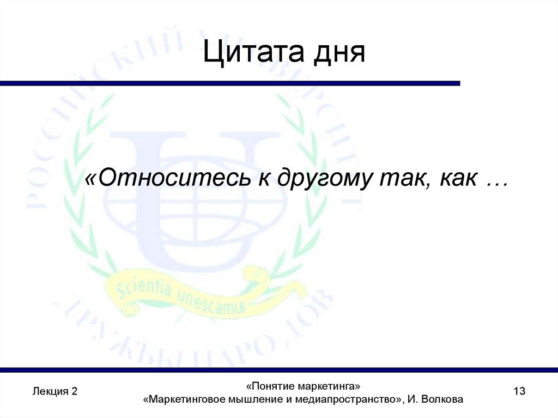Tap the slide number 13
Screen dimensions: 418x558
(x=519, y=391)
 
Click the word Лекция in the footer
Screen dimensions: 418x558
(x=50, y=391)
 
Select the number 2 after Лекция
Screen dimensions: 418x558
(x=74, y=391)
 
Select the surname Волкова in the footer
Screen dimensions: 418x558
(x=443, y=399)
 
